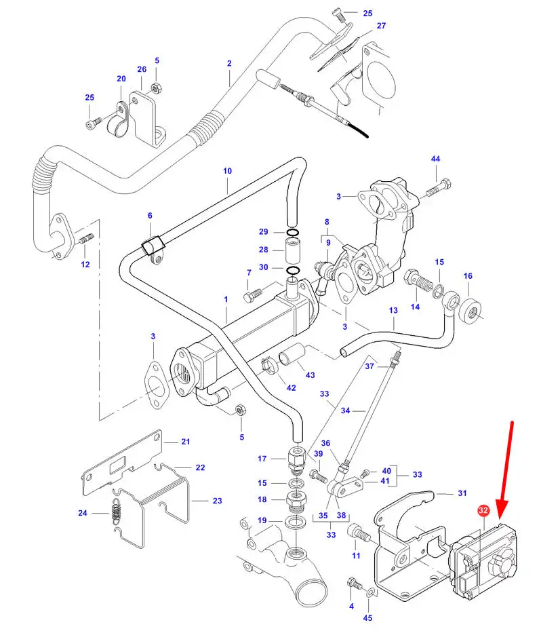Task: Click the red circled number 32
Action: click(483, 510)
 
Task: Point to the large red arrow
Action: click(505, 475)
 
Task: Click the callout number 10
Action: click(227, 171)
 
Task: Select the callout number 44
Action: click(435, 159)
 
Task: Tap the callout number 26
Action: click(142, 69)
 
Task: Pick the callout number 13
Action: click(393, 310)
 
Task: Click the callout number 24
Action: click(83, 513)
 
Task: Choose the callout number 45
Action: click(368, 617)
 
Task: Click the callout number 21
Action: click(186, 442)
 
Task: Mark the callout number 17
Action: click(262, 459)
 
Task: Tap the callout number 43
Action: click(311, 375)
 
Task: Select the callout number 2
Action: click(229, 64)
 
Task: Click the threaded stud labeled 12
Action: click(86, 240)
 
